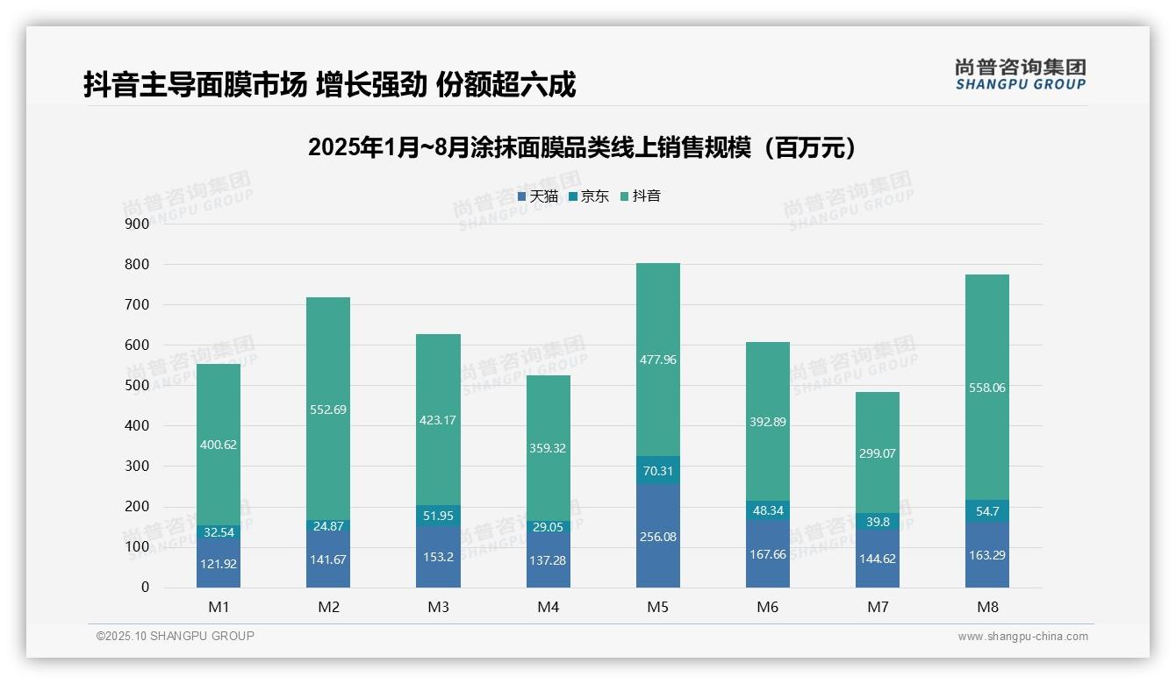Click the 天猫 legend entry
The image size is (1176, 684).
click(x=538, y=196)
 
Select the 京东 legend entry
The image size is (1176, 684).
click(x=589, y=196)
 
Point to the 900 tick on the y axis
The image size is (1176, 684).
click(x=137, y=224)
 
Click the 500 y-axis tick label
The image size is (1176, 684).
click(x=137, y=385)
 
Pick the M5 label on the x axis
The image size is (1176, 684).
click(x=657, y=607)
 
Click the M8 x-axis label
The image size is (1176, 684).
click(x=987, y=607)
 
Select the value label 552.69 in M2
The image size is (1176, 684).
click(x=328, y=409)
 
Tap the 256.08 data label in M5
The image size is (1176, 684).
click(x=657, y=537)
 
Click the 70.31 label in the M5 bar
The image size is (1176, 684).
click(x=657, y=471)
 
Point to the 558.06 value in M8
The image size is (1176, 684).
click(x=987, y=388)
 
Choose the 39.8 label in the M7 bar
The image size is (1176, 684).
click(x=878, y=522)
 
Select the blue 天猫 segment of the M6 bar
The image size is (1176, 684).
click(x=768, y=554)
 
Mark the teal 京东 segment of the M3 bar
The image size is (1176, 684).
click(x=438, y=516)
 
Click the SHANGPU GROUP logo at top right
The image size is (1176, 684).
click(x=1020, y=75)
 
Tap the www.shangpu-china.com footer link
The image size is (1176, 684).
click(x=1022, y=637)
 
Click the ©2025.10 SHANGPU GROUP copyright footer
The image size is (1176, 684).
click(x=176, y=637)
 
